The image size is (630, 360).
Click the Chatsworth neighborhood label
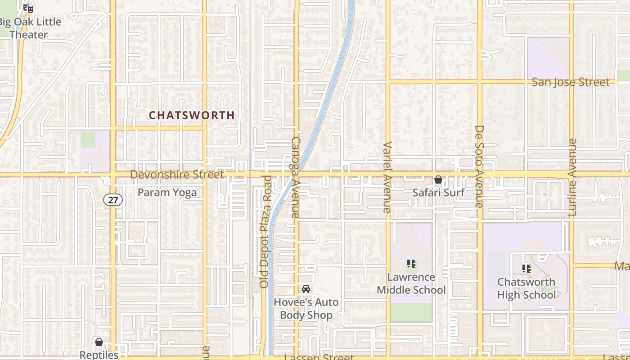pyautogui.click(x=192, y=116)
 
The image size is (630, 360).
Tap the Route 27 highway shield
pyautogui.click(x=113, y=200)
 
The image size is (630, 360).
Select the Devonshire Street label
pyautogui.click(x=177, y=174)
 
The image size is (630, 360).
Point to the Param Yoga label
pyautogui.click(x=167, y=193)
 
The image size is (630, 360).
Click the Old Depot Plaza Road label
pyautogui.click(x=265, y=232)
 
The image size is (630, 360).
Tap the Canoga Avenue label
pyautogui.click(x=295, y=178)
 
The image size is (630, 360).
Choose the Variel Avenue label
pyautogui.click(x=387, y=177)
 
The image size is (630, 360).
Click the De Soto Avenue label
pyautogui.click(x=479, y=166)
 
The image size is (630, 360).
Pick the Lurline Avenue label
pyautogui.click(x=572, y=177)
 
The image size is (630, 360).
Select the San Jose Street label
pyautogui.click(x=571, y=82)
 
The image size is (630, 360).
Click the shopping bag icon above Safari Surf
pyautogui.click(x=438, y=180)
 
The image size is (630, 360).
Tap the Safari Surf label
pyautogui.click(x=438, y=193)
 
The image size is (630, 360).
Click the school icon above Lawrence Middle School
pyautogui.click(x=411, y=264)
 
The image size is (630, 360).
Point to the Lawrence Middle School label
pyautogui.click(x=411, y=283)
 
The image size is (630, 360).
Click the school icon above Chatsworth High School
pyautogui.click(x=526, y=269)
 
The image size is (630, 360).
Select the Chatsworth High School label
pyautogui.click(x=526, y=288)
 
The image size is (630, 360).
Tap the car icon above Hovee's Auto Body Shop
pyautogui.click(x=306, y=289)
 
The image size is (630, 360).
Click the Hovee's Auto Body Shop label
pyautogui.click(x=306, y=308)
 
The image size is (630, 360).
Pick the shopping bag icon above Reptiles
pyautogui.click(x=99, y=342)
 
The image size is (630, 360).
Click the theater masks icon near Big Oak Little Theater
pyautogui.click(x=28, y=8)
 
